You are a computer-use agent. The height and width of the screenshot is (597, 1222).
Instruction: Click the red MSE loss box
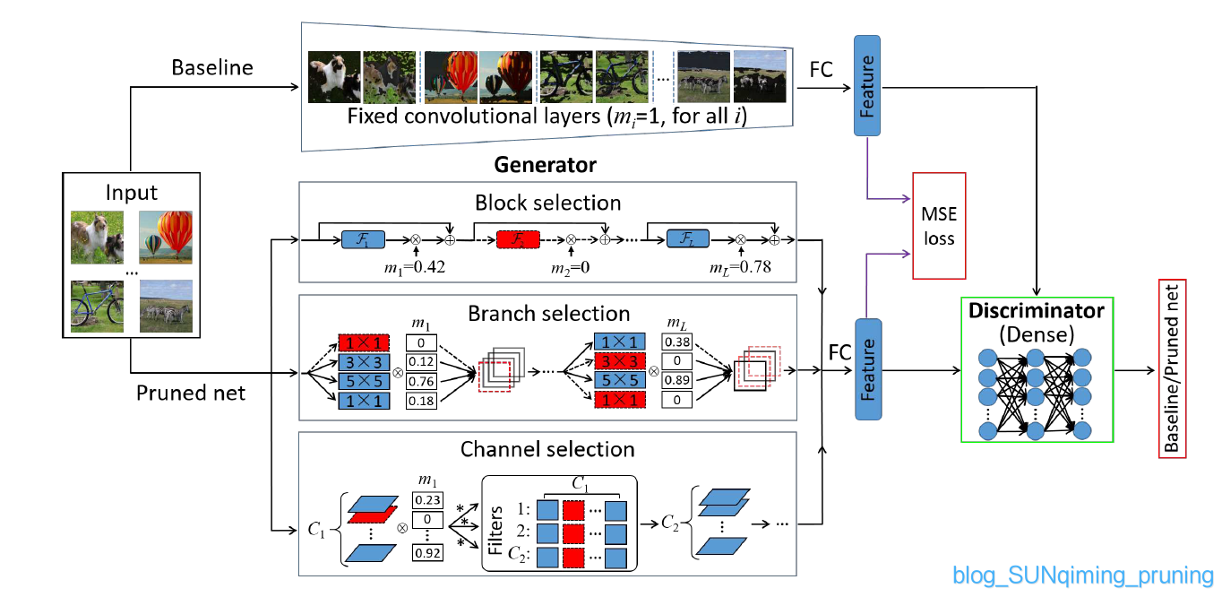pyautogui.click(x=939, y=226)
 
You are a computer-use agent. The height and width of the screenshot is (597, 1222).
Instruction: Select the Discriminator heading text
pyautogui.click(x=1036, y=310)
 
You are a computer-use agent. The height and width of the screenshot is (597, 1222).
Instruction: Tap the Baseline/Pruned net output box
pyautogui.click(x=1172, y=369)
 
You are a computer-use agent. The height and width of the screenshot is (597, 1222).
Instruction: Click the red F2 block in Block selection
pyautogui.click(x=518, y=239)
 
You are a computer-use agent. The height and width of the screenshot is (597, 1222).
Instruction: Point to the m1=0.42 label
pyautogui.click(x=415, y=267)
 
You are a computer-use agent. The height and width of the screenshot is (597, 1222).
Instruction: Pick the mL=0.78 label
pyautogui.click(x=740, y=267)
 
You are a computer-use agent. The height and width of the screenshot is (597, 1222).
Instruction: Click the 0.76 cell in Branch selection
pyautogui.click(x=421, y=381)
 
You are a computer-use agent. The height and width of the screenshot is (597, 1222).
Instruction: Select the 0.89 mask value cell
pyautogui.click(x=677, y=380)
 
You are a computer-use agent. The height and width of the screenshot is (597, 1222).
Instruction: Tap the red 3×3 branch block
pyautogui.click(x=620, y=360)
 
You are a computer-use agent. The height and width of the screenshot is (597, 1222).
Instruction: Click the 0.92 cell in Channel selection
pyautogui.click(x=427, y=553)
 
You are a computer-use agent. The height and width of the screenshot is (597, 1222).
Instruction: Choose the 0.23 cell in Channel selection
pyautogui.click(x=427, y=500)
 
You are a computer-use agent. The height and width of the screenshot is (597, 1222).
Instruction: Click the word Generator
pyautogui.click(x=545, y=165)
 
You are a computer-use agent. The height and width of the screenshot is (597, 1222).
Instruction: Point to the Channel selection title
pyautogui.click(x=547, y=449)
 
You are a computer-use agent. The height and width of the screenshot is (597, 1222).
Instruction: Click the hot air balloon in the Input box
pyautogui.click(x=166, y=238)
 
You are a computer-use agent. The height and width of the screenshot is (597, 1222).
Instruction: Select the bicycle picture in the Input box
pyautogui.click(x=97, y=307)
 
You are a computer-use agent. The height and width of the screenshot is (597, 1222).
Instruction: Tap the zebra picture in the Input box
pyautogui.click(x=166, y=307)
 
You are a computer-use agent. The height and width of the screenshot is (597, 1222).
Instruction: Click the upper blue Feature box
pyautogui.click(x=867, y=86)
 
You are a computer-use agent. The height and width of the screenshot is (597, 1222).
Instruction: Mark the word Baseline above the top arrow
pyautogui.click(x=212, y=67)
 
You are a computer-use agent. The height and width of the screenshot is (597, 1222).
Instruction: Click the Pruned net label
pyautogui.click(x=191, y=393)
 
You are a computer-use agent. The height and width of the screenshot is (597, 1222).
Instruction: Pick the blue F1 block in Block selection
pyautogui.click(x=363, y=239)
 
